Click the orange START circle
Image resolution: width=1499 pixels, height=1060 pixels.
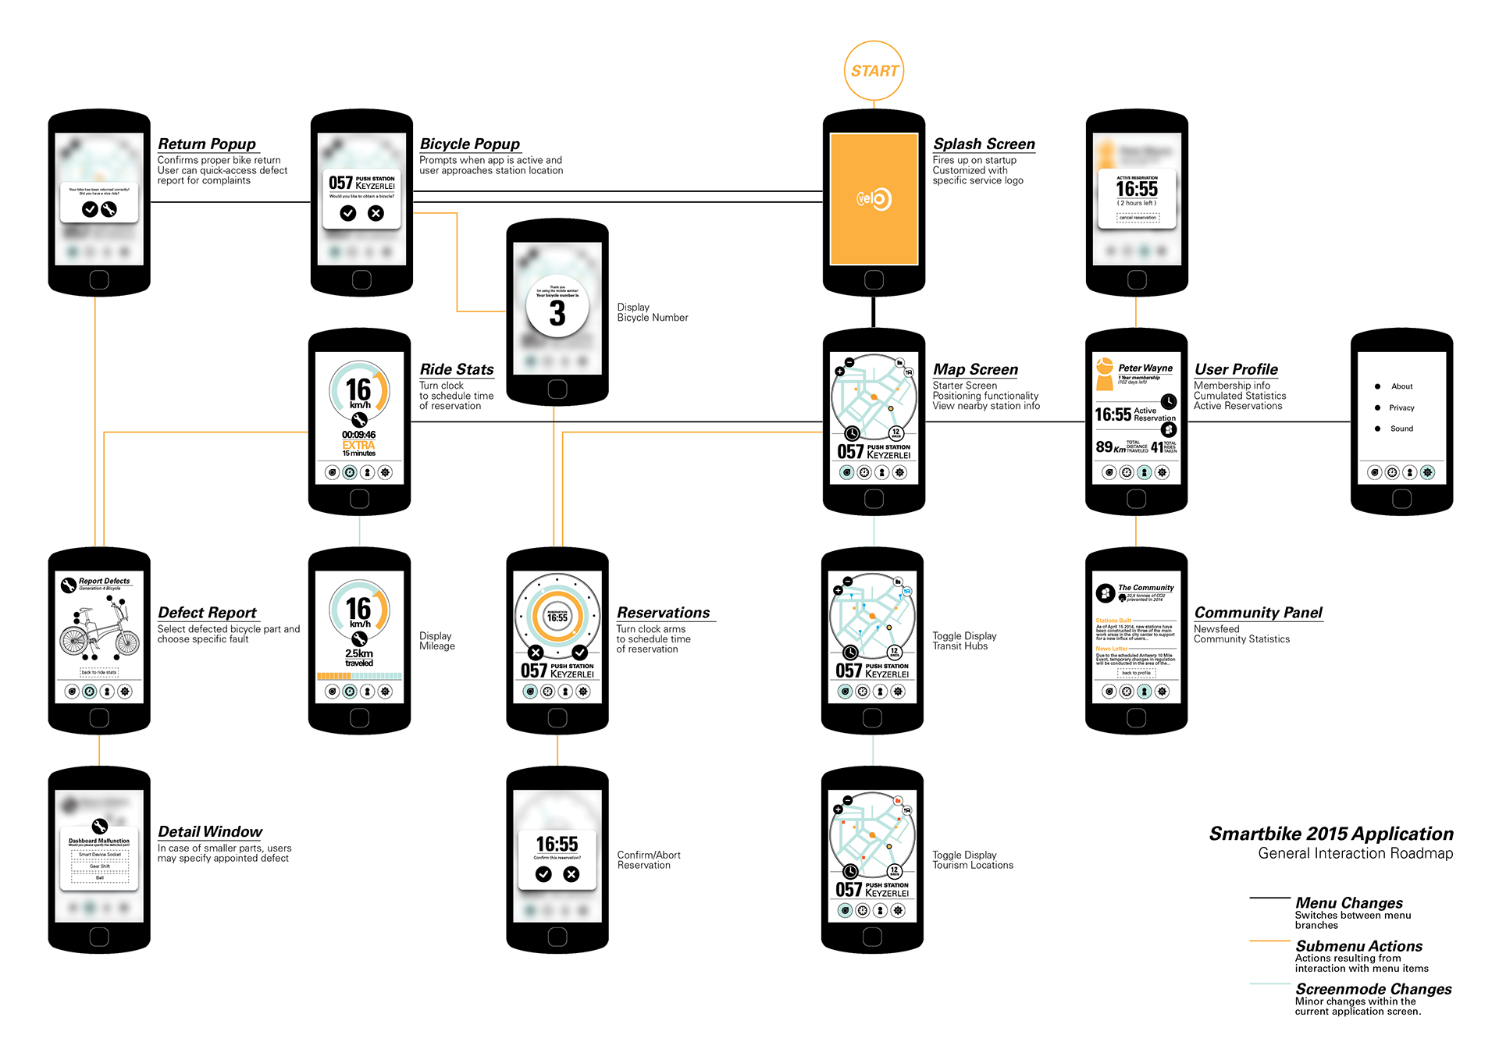[874, 71]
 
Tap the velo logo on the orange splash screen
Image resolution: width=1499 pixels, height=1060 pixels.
[874, 199]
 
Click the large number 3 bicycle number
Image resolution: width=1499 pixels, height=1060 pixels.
[557, 314]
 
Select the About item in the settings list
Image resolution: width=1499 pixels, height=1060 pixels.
[1401, 386]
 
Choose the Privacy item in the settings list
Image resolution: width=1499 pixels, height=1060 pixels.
[1401, 407]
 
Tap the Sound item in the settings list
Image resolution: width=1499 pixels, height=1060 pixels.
[1401, 429]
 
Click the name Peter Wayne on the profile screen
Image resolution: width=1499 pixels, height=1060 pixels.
[1145, 368]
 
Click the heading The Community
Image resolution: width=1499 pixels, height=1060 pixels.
[1145, 588]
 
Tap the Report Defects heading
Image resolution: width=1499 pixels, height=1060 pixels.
[104, 581]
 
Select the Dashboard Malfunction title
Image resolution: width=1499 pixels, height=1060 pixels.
[99, 841]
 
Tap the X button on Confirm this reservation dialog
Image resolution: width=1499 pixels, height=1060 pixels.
[571, 874]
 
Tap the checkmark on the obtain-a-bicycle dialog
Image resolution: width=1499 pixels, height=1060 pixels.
[348, 213]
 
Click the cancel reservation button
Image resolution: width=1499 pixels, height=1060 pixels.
[1138, 218]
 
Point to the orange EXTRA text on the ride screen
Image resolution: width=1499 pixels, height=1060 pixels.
[358, 445]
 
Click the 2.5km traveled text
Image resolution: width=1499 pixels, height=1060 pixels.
[359, 657]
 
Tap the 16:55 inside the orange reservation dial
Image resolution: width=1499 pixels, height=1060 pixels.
[557, 617]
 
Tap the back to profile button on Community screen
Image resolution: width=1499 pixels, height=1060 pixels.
[1137, 673]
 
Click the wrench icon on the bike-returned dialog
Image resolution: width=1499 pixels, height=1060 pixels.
[109, 209]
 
